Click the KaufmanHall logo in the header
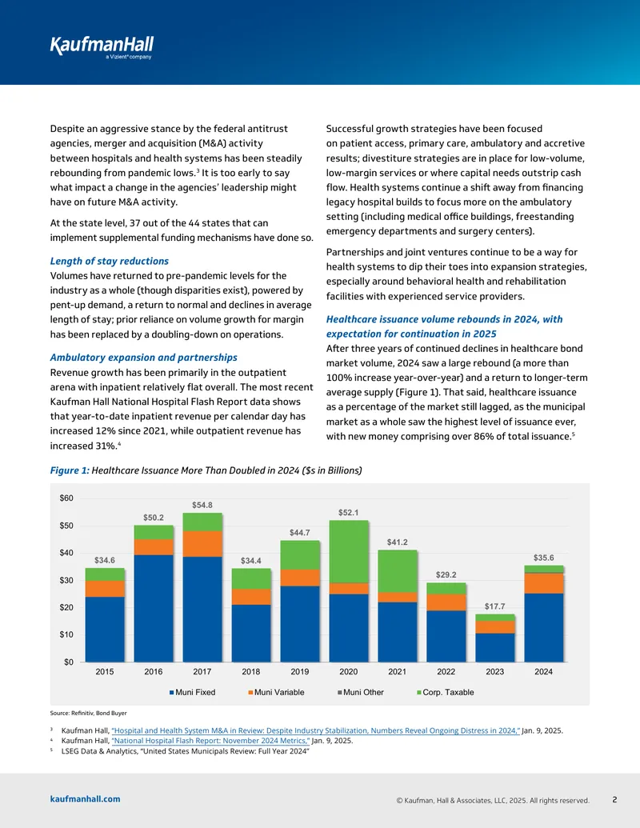102,47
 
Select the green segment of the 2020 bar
349,552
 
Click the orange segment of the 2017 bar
202,544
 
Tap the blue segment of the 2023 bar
494,647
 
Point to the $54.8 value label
202,505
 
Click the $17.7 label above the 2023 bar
494,606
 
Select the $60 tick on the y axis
66,498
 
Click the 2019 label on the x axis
300,672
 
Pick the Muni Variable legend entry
276,692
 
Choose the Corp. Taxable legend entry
445,692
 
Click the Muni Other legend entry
361,692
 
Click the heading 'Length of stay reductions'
110,261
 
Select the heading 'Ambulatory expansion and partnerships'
144,358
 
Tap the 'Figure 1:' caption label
70,470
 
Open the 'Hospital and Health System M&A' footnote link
316,731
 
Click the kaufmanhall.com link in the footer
85,799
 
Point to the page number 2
614,799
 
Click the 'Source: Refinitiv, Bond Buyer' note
88,713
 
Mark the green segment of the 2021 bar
397,571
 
